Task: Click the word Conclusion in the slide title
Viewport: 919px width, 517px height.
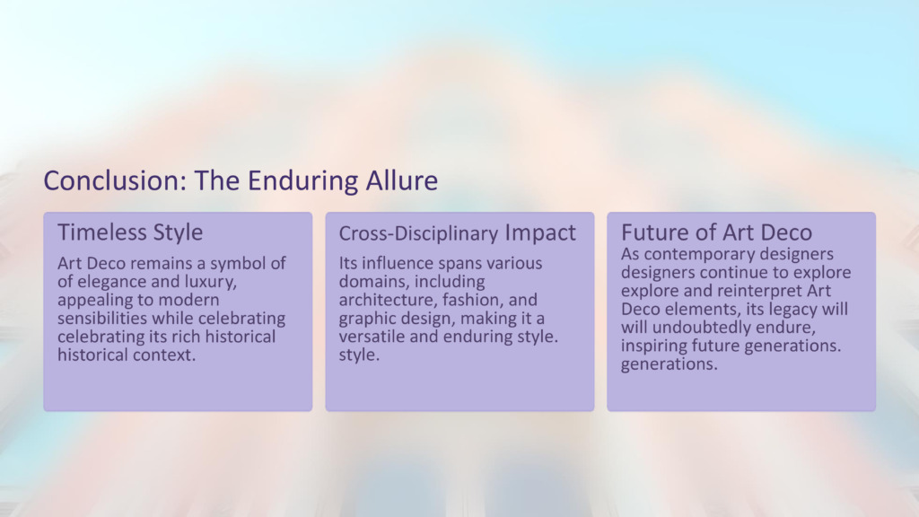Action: [x=115, y=180]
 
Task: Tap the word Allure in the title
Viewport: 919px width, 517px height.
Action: [x=401, y=180]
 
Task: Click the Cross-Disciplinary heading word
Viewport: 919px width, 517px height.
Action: [x=418, y=233]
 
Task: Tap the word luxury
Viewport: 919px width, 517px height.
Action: [x=210, y=282]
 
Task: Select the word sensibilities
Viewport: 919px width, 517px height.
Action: [x=102, y=319]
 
